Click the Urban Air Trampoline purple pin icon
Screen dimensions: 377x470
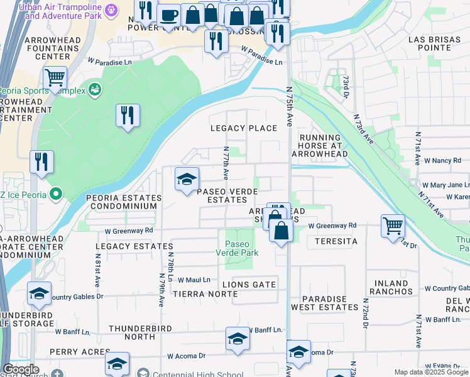click(x=112, y=9)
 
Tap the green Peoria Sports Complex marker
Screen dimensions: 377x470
click(x=95, y=90)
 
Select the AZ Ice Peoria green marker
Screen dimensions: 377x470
click(x=56, y=194)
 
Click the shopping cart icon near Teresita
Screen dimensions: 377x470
click(x=393, y=226)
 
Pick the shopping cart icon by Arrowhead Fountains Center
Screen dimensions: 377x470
click(x=55, y=78)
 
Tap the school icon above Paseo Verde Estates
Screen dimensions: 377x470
click(x=187, y=180)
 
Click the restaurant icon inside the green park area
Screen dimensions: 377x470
click(x=128, y=115)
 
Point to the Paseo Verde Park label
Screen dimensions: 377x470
click(x=237, y=248)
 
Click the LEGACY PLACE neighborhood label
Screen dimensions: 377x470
click(x=243, y=128)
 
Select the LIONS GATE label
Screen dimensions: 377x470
click(x=249, y=285)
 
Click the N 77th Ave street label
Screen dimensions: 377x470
click(x=226, y=162)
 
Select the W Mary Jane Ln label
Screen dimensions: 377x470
click(x=445, y=185)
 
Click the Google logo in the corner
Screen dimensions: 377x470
click(x=21, y=370)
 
